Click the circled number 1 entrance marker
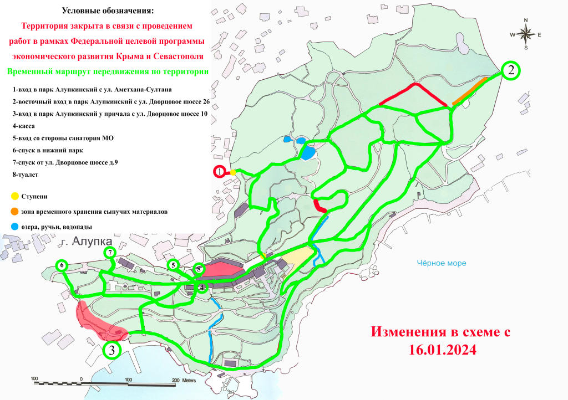pos(220,172)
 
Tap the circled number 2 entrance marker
pos(511,70)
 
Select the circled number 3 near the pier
pos(112,350)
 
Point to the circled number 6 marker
pos(62,265)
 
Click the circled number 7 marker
pos(110,253)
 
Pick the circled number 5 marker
pos(173,265)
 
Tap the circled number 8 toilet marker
pos(199,269)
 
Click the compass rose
pos(525,34)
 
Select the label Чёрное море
pos(442,264)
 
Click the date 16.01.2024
pos(439,351)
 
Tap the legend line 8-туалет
pos(27,175)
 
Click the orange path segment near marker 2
pos(470,91)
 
